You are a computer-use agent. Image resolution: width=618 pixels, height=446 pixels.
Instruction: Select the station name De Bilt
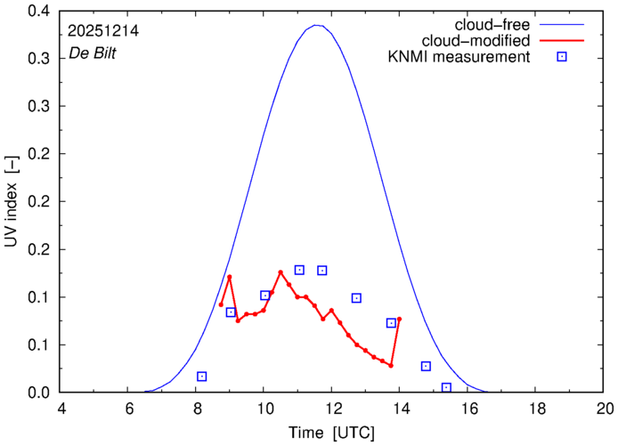coord(92,53)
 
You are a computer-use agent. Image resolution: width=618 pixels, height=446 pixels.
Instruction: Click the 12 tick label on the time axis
coord(332,409)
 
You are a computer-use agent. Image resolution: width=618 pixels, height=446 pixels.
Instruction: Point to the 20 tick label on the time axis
coord(605,409)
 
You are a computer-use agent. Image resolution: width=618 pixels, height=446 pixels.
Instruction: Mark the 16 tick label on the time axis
coord(468,409)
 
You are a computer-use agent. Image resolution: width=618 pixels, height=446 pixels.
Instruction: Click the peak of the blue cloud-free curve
coord(317,25)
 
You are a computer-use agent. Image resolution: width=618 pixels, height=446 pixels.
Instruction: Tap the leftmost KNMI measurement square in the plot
coord(202,377)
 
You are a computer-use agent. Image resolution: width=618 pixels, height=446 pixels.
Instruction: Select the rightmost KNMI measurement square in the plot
coord(446,387)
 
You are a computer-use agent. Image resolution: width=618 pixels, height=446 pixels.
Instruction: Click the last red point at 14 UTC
coord(399,319)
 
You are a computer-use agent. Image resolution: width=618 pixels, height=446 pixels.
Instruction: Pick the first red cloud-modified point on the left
coord(221,304)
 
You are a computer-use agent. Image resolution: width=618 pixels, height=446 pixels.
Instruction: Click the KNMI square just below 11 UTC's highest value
coord(299,270)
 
